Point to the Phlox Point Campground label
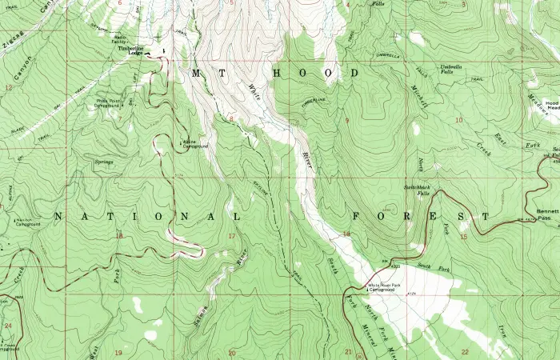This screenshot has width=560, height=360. pyautogui.click(x=111, y=103)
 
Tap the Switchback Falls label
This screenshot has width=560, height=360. pyautogui.click(x=417, y=190)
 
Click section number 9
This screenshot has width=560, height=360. pyautogui.click(x=346, y=120)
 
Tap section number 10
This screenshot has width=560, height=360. pyautogui.click(x=458, y=120)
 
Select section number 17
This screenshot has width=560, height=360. pyautogui.click(x=232, y=236)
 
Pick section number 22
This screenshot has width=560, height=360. pyautogui.click(x=465, y=352)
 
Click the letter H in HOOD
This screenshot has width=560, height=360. pyautogui.click(x=278, y=73)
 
